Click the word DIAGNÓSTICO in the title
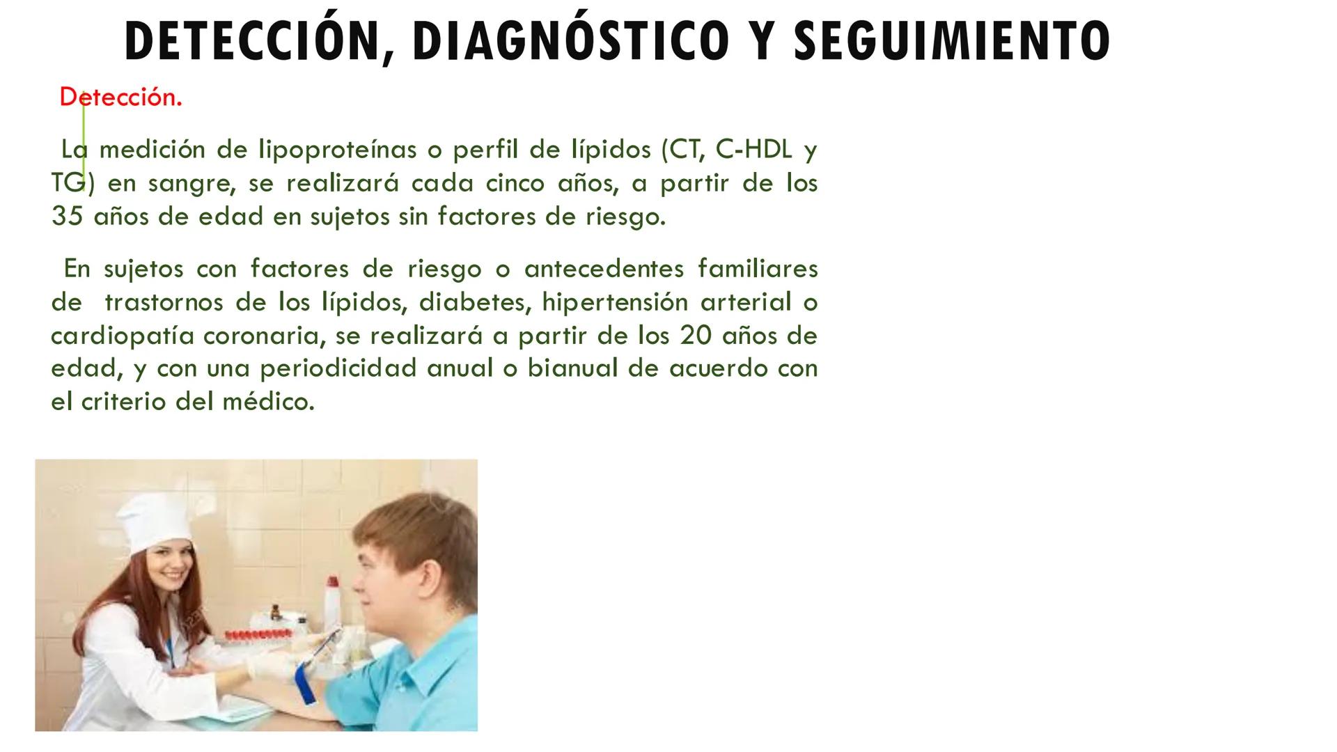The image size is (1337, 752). point(571,40)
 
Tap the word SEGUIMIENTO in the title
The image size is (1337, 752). point(952,40)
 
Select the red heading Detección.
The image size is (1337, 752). point(120,97)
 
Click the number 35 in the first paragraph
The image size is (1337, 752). point(67,217)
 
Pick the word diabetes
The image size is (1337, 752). point(473,303)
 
